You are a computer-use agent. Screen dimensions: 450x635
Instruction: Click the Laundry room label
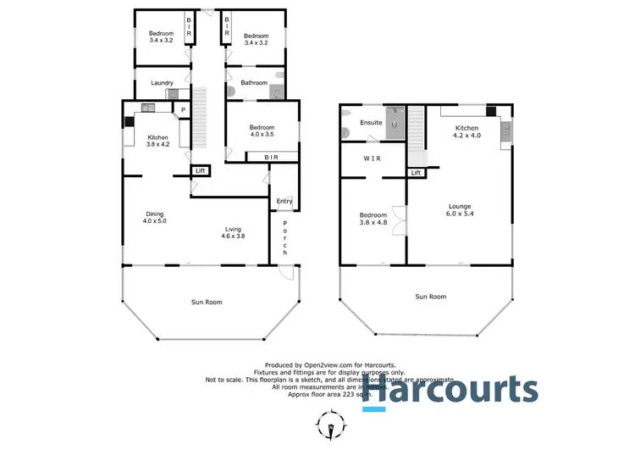(163, 83)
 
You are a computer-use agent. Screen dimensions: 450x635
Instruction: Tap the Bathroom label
(253, 83)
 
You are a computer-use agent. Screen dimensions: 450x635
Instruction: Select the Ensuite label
(371, 123)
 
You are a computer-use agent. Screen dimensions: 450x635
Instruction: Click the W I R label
(372, 158)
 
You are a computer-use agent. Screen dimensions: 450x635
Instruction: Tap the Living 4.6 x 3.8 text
(235, 232)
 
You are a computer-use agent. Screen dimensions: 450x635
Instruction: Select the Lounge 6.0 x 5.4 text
(461, 211)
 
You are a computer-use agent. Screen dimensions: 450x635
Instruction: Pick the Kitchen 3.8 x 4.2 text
(157, 141)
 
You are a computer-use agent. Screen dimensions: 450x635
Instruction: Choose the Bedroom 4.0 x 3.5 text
(262, 131)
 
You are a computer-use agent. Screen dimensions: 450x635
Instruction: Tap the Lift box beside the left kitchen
(200, 171)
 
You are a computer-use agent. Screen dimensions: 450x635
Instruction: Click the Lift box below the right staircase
(416, 173)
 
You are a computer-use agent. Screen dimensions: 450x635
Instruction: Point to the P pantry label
(182, 109)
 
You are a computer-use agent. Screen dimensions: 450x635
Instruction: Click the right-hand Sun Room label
(430, 297)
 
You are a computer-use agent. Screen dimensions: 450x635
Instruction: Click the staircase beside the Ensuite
(417, 136)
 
